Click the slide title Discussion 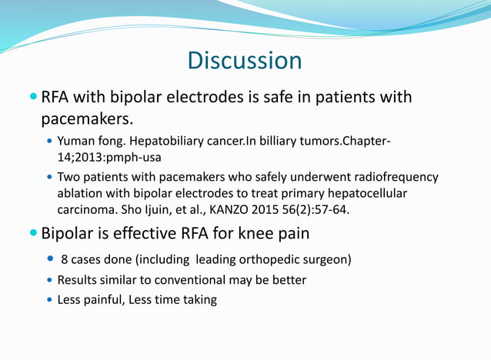click(x=245, y=60)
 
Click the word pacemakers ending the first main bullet click(x=86, y=121)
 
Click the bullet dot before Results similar click(x=50, y=279)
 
